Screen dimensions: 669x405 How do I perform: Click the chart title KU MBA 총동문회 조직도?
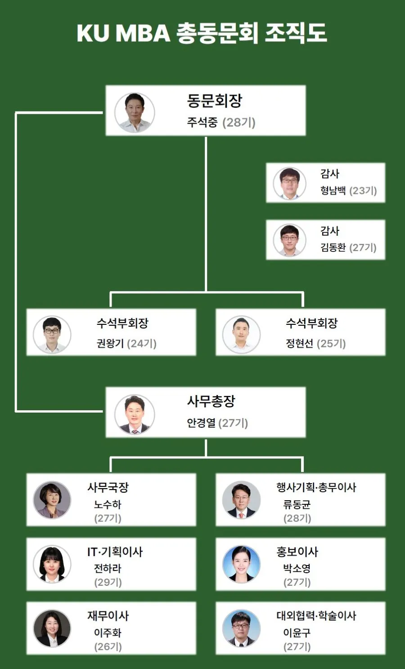(x=202, y=33)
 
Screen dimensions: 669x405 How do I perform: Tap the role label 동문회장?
(x=214, y=101)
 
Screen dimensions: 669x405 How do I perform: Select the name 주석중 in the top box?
(x=202, y=122)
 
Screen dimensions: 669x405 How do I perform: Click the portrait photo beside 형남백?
(x=289, y=183)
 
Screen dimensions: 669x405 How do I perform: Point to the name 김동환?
(x=333, y=247)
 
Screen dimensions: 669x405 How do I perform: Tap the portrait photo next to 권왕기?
(x=52, y=334)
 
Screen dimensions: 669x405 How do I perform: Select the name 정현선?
(x=300, y=344)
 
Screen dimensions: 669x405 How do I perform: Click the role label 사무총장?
(x=211, y=401)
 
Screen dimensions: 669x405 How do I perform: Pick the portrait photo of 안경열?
(x=134, y=414)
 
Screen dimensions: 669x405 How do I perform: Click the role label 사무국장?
(x=108, y=487)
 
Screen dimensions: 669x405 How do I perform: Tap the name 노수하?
(x=108, y=505)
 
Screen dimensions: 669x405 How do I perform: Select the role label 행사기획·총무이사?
(x=316, y=487)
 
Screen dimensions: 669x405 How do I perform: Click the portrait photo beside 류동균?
(x=241, y=500)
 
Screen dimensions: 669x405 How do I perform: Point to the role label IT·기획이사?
(x=115, y=552)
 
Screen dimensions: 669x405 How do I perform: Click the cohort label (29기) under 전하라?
(x=108, y=582)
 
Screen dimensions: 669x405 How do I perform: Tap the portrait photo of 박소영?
(x=241, y=564)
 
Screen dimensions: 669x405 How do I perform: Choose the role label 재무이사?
(x=108, y=615)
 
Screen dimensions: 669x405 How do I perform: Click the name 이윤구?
(x=297, y=633)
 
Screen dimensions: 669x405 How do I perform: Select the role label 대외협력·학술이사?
(x=316, y=615)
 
